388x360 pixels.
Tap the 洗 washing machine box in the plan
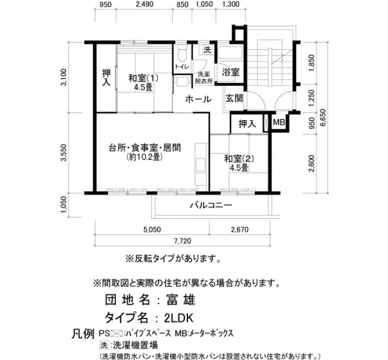point(207,50)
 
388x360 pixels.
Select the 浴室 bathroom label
point(231,72)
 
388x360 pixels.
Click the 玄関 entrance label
point(234,99)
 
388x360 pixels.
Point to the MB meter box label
point(279,122)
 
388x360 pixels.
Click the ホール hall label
point(198,99)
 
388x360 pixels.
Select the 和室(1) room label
point(143,79)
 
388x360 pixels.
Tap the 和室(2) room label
point(239,159)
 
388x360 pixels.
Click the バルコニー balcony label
point(211,205)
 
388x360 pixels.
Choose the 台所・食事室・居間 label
point(145,148)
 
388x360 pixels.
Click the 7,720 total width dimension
point(182,241)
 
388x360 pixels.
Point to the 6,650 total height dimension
point(323,117)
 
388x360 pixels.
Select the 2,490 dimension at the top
point(145,4)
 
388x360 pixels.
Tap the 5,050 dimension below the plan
point(152,229)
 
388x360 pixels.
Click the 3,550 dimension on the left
point(64,152)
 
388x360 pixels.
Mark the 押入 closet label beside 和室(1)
point(106,78)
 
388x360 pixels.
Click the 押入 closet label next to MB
point(247,124)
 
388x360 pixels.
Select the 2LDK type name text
point(178,318)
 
